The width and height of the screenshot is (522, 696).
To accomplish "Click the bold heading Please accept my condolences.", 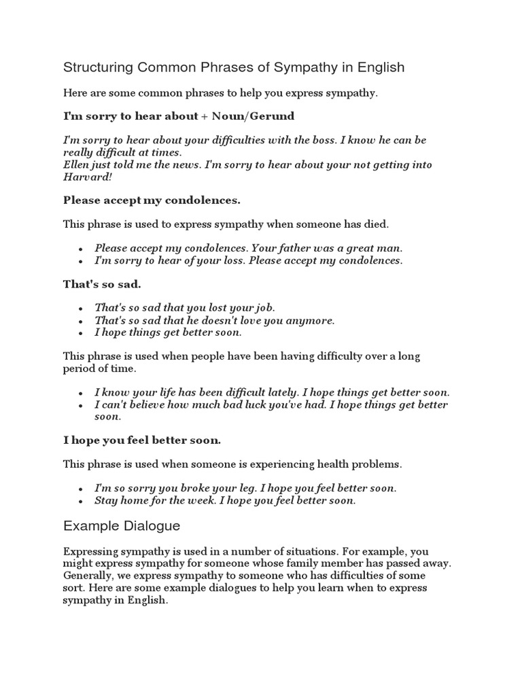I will tap(152, 201).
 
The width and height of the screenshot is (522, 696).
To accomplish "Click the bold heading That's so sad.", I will tap(103, 284).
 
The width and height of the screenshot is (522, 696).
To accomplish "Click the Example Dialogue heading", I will tap(121, 525).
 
